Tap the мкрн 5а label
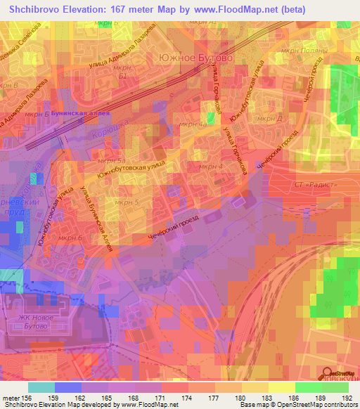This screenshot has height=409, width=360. tap(111, 161)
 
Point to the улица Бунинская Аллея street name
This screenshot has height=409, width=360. tap(96, 214)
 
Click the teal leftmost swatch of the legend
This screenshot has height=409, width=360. tap(41, 388)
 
